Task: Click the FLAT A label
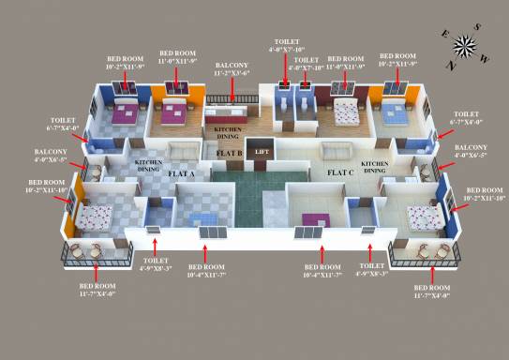click(x=180, y=174)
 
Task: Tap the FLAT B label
click(x=230, y=153)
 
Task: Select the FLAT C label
click(x=339, y=173)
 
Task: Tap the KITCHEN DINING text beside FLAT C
click(x=373, y=168)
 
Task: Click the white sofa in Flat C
click(x=335, y=151)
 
